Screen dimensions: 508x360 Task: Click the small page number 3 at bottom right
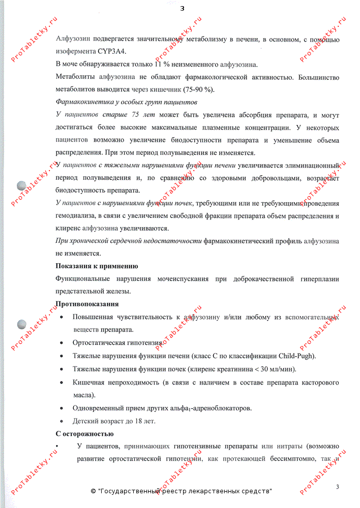[x=337, y=487]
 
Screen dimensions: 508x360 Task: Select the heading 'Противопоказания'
[x=87, y=304]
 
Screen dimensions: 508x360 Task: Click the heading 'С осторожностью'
[x=84, y=434]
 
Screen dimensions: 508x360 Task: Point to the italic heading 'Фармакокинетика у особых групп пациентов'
[x=126, y=102]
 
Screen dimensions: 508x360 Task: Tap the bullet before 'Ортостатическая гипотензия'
[x=62, y=343]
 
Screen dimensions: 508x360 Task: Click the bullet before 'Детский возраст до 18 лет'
[x=62, y=421]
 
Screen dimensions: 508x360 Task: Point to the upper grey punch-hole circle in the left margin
[x=22, y=186]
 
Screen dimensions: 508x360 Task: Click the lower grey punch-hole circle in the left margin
[x=22, y=324]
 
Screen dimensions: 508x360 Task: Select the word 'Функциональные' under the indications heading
[x=82, y=279]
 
